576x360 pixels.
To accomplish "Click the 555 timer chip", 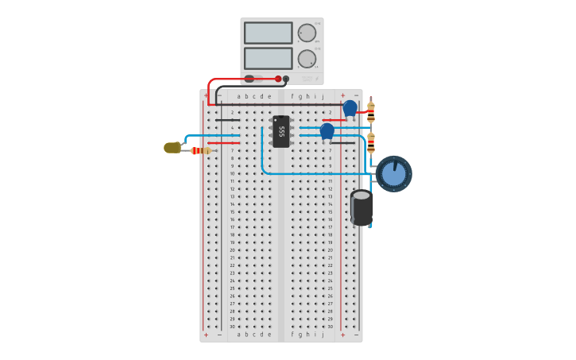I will coord(281,132).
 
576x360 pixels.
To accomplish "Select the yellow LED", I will coord(172,148).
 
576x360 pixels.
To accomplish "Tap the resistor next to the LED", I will coord(201,150).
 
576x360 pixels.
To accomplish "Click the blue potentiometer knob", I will coord(393,174).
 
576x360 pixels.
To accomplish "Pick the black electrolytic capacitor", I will coord(361,207).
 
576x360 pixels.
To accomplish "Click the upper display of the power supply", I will coord(268,33).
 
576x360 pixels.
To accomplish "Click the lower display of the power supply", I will coord(268,58).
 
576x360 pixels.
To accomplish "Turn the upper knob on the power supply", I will coord(307,33).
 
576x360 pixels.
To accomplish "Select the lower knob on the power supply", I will coord(307,59).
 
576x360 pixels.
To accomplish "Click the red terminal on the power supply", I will coord(278,79).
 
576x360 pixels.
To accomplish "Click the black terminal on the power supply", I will coord(286,79).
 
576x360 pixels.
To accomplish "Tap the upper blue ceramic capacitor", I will coord(350,107).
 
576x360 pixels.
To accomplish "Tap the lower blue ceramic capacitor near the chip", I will coord(327,130).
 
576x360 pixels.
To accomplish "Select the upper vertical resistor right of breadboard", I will coord(371,111).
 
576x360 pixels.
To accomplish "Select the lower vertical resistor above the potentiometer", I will coord(371,142).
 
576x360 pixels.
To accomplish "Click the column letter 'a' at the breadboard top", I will coord(238,96).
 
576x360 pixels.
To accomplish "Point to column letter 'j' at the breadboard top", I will coord(323,96).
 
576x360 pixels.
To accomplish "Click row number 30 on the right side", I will coord(331,327).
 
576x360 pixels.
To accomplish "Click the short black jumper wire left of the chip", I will coord(227,120).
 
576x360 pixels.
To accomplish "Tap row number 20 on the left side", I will coord(232,250).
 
